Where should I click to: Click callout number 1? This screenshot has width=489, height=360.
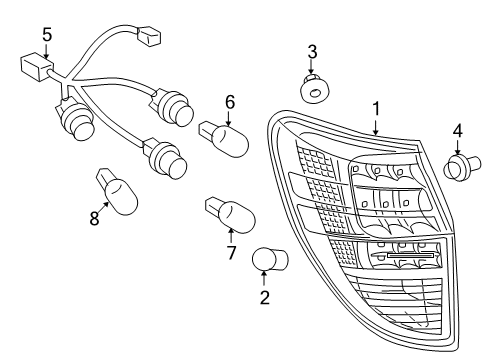(376, 107)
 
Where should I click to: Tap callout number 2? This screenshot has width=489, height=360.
(265, 297)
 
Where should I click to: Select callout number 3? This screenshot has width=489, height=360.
(313, 51)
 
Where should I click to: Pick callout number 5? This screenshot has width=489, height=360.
(47, 35)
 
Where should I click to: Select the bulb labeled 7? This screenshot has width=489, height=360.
(229, 214)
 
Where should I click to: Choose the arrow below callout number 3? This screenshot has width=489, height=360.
(313, 68)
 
